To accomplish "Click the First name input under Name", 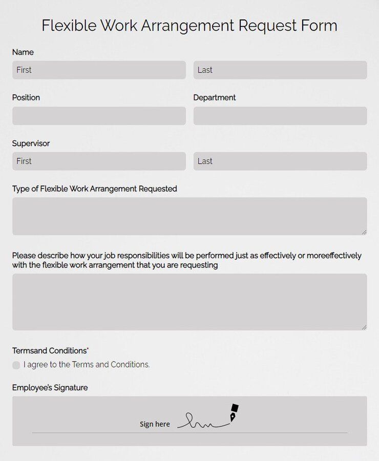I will tap(99, 70).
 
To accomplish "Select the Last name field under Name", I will tap(280, 70).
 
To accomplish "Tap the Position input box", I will tap(99, 116).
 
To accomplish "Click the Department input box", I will tap(280, 116).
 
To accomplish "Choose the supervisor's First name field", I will tap(99, 161).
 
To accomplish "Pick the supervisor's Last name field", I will tap(280, 161).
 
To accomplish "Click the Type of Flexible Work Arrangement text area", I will tap(189, 216).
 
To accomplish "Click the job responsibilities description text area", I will tap(189, 302).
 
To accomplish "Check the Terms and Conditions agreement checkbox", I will tap(16, 365).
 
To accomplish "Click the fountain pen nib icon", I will tap(234, 413).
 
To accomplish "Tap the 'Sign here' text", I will tap(155, 424).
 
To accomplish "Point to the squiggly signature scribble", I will tap(202, 422).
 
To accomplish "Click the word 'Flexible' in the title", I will tap(69, 26).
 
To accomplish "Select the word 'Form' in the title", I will tap(319, 26).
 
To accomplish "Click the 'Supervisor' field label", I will tap(31, 143).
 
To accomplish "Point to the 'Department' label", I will tap(215, 98).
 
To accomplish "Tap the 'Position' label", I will tap(26, 98).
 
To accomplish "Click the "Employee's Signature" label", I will tap(50, 388).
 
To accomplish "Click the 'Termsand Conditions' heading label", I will tap(50, 351).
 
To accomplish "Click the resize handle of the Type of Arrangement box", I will tap(364, 232).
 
